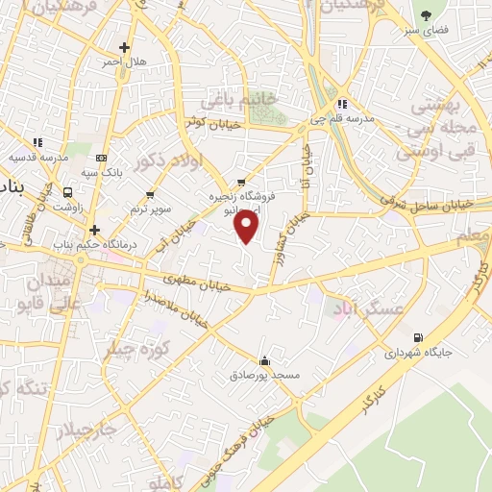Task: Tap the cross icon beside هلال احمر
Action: [124, 47]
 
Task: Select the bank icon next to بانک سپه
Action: [101, 159]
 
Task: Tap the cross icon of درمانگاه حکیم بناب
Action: [94, 231]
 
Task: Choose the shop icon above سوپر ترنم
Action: [150, 195]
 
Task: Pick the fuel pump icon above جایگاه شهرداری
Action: [416, 337]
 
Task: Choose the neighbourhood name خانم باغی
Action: [239, 100]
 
